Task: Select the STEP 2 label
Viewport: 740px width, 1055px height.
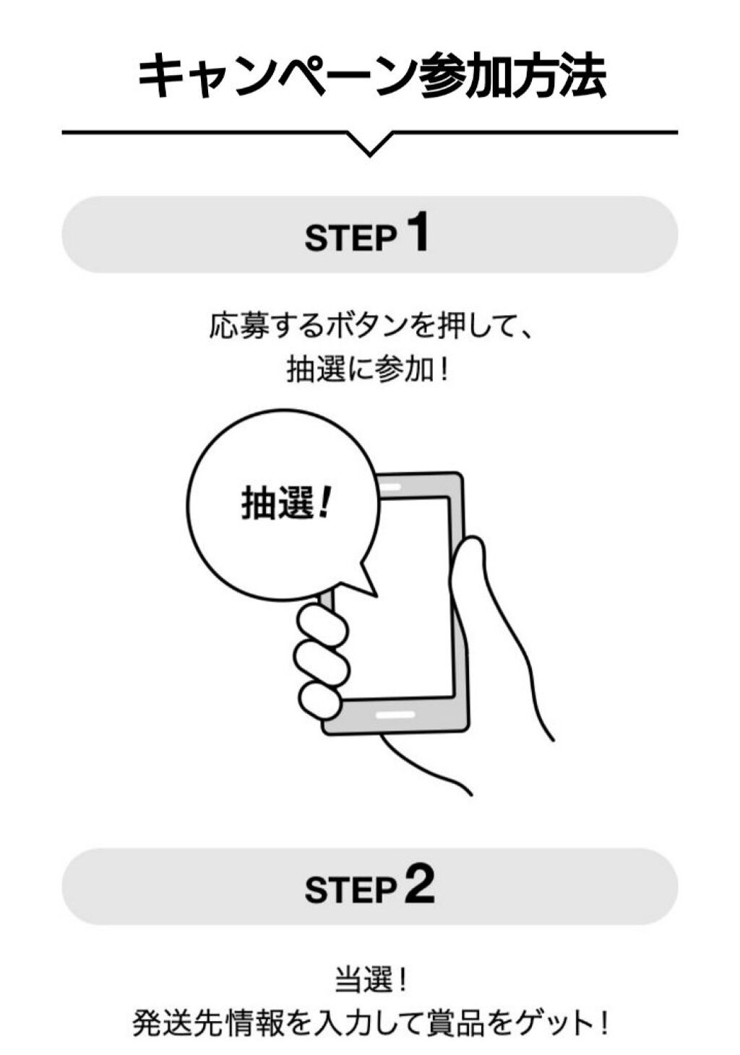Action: [370, 885]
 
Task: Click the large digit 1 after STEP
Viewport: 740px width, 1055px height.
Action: [416, 231]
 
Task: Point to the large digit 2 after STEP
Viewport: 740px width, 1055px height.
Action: [419, 884]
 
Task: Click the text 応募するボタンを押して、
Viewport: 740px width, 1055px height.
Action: [371, 325]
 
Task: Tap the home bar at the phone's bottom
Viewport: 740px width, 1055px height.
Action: [395, 715]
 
